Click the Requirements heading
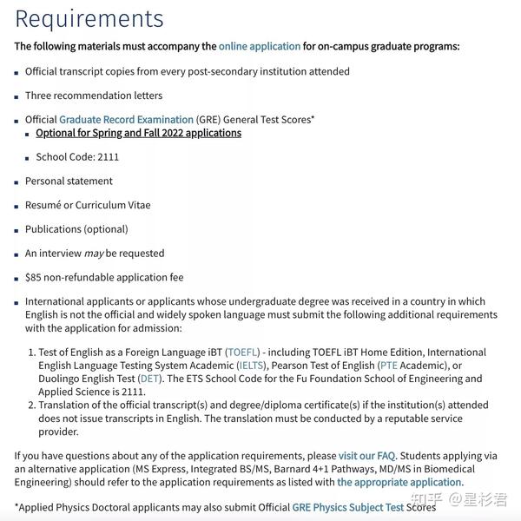[x=89, y=17]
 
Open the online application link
[x=260, y=46]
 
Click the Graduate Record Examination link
[x=126, y=120]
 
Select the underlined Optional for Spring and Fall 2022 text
[x=139, y=134]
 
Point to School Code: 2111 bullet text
[x=77, y=157]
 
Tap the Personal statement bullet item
[x=69, y=181]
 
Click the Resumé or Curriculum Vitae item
[x=88, y=206]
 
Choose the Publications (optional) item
[x=76, y=229]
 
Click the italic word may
[x=94, y=254]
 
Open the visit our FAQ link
[x=366, y=455]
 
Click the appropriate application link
[x=399, y=482]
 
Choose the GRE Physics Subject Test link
[x=348, y=507]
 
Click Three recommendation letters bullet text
[x=94, y=96]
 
